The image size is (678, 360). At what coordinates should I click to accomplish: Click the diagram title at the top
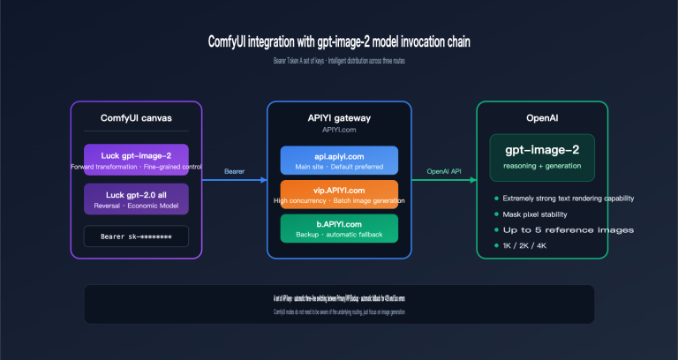[338, 42]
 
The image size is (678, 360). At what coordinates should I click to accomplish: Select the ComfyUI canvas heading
[136, 118]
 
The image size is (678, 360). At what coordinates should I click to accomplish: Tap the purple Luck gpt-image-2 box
[136, 160]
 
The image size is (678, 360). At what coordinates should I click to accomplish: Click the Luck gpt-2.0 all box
[136, 199]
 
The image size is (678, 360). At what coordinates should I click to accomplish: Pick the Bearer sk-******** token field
[136, 236]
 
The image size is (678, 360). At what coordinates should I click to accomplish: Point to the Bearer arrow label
[234, 171]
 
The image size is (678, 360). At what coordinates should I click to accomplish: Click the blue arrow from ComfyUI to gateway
[234, 180]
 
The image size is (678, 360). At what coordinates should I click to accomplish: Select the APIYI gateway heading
[339, 118]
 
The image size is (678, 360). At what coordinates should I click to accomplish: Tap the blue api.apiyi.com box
[339, 160]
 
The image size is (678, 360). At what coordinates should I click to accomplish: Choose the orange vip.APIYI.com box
[339, 195]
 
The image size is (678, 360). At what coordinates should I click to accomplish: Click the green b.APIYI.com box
[339, 229]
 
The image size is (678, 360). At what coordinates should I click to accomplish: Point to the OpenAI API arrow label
[444, 171]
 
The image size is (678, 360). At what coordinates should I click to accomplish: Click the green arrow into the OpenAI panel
[444, 180]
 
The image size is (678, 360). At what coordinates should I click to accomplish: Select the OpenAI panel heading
[542, 118]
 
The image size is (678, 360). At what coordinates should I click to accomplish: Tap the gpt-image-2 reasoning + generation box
[542, 157]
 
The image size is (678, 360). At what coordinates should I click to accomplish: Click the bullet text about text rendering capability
[569, 199]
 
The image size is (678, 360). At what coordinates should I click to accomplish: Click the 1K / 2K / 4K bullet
[526, 244]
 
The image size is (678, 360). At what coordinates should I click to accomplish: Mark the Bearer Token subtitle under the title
[338, 61]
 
